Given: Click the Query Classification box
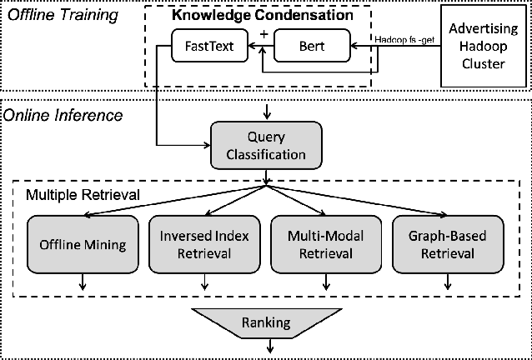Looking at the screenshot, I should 265,144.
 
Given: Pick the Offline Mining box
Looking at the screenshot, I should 82,244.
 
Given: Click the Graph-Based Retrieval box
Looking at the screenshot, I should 448,244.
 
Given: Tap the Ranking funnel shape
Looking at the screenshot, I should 266,322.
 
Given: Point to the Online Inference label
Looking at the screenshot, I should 63,115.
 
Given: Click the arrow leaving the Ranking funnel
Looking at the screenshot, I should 266,346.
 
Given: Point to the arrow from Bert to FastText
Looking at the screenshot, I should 261,47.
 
